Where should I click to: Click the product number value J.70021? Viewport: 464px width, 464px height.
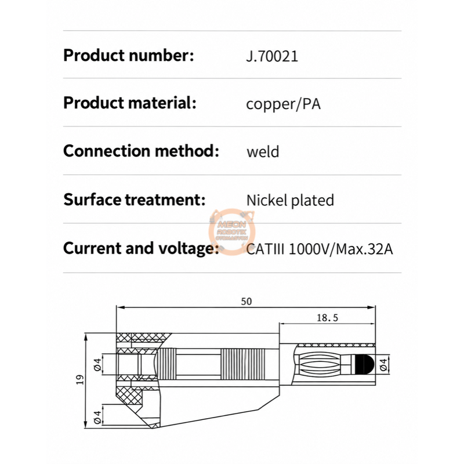pyautogui.click(x=272, y=56)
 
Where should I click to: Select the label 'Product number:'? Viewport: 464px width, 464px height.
pyautogui.click(x=128, y=55)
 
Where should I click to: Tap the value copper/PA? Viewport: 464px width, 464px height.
pyautogui.click(x=283, y=104)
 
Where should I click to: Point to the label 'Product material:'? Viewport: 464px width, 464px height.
pyautogui.click(x=129, y=103)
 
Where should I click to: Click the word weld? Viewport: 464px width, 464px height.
pyautogui.click(x=263, y=151)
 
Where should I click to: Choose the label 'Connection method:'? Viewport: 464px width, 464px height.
pyautogui.click(x=141, y=151)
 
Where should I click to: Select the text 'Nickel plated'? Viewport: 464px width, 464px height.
pyautogui.click(x=290, y=200)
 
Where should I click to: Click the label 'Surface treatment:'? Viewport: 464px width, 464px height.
pyautogui.click(x=135, y=200)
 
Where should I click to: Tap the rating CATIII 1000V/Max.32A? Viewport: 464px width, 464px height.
pyautogui.click(x=320, y=249)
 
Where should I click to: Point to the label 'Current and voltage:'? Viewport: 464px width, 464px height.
pyautogui.click(x=141, y=248)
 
